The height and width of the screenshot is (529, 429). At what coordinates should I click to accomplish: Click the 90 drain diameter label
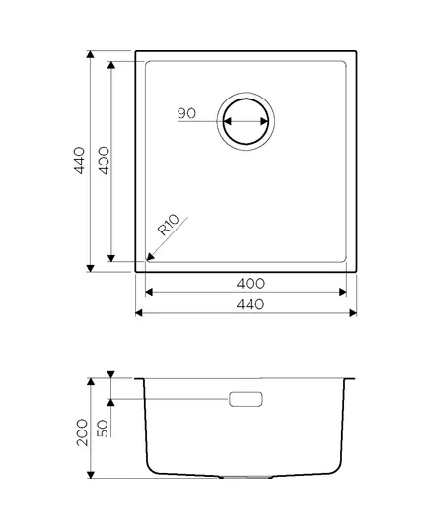pos(186,113)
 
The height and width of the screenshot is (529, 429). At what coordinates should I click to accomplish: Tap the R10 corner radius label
pos(169,225)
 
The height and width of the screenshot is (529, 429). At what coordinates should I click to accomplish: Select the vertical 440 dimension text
pos(79,161)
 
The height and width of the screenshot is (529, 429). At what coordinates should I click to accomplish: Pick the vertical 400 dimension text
pos(104,161)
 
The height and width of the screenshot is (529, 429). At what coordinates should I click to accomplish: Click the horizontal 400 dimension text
pos(250,284)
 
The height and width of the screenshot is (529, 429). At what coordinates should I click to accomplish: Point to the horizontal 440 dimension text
pos(250,304)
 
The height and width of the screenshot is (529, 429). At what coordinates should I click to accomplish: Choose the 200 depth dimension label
pos(82,432)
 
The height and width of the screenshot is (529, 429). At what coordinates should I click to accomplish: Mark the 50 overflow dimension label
pos(103,429)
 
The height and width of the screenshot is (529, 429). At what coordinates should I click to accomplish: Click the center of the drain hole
pos(246,121)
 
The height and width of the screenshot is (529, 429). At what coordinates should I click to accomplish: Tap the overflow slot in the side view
pos(246,399)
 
